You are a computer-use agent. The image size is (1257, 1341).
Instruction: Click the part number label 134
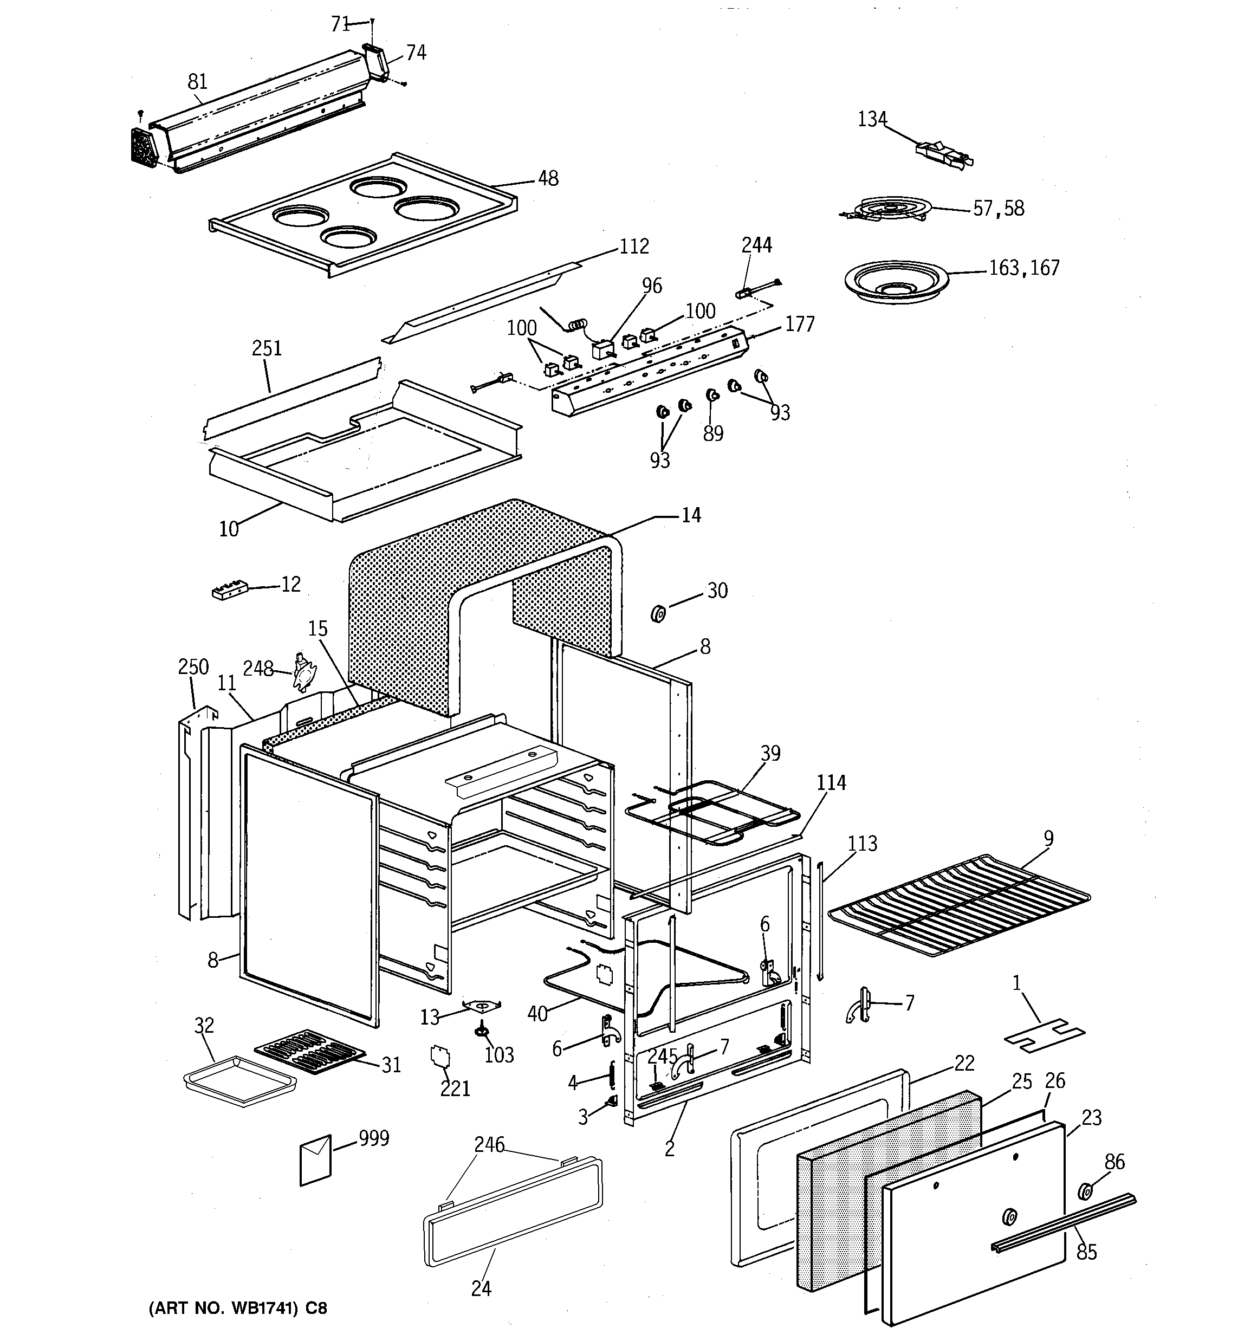point(872,119)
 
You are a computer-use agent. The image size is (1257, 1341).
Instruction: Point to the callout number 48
point(548,179)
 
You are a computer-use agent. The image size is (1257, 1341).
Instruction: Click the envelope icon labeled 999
point(316,1159)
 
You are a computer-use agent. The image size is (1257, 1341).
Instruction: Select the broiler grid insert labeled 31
point(310,1051)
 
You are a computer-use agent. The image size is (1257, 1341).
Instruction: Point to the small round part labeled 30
point(658,614)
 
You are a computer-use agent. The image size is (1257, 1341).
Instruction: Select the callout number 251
point(267,349)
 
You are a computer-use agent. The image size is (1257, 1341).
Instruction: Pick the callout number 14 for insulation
point(691,515)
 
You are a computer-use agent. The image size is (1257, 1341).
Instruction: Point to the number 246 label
point(489,1145)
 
